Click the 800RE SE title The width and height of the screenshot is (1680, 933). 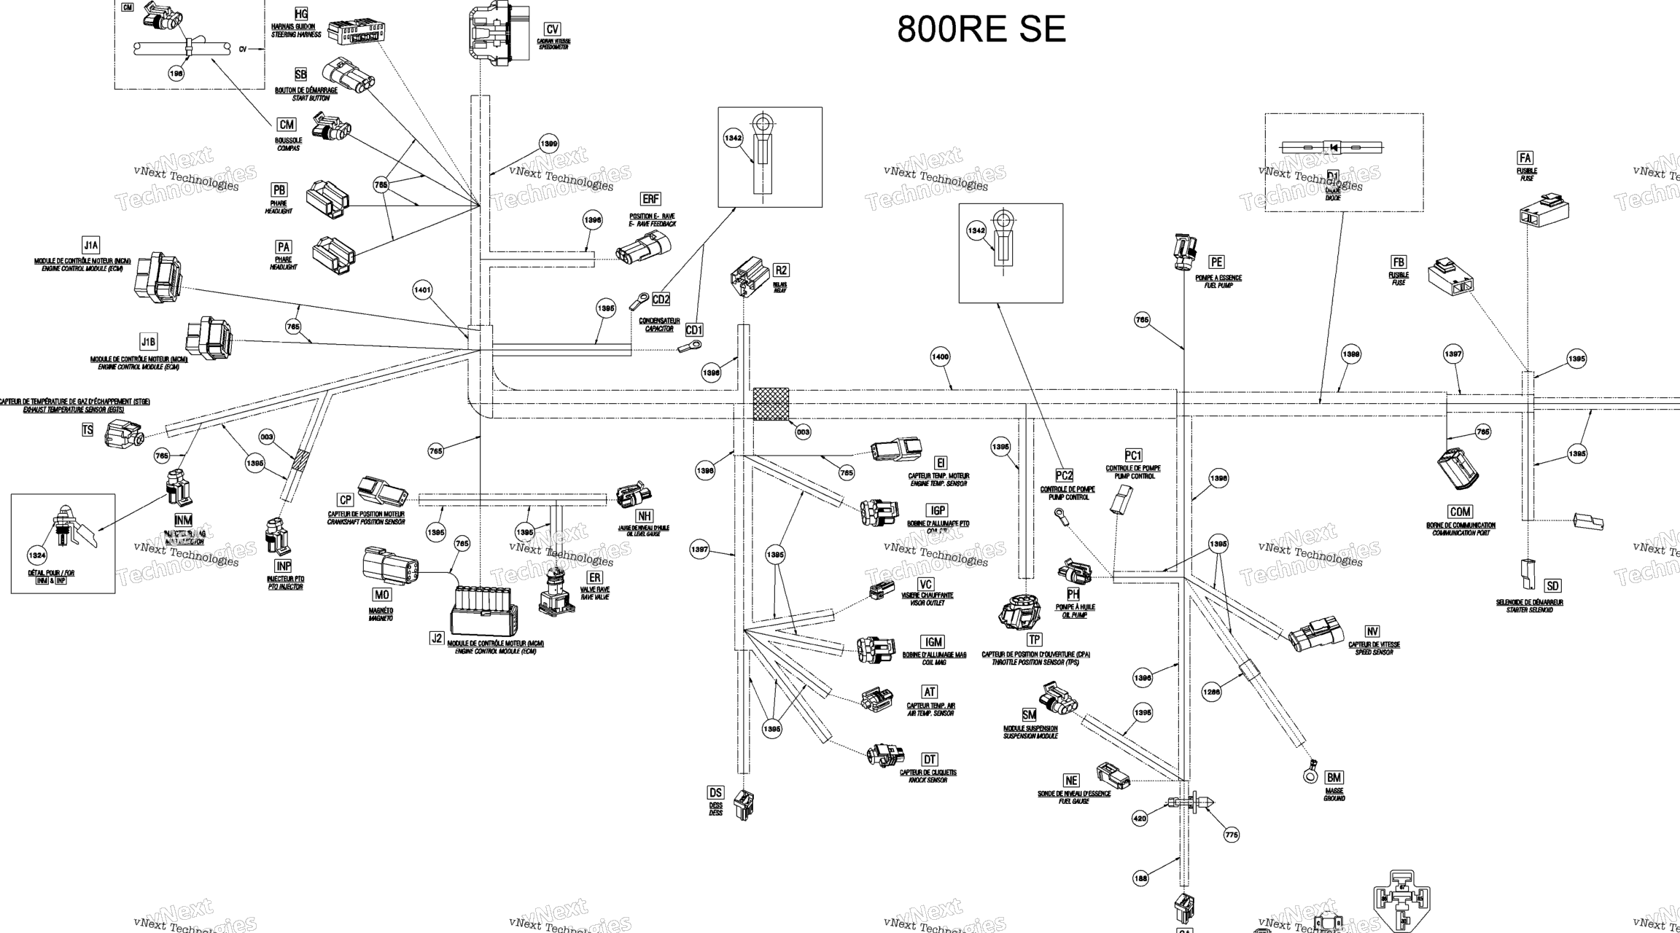981,30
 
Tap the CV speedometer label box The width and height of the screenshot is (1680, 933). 553,29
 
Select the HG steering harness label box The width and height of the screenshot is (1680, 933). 301,15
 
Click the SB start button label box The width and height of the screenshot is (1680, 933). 301,74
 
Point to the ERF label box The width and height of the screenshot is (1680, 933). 650,199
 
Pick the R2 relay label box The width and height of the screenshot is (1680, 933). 781,270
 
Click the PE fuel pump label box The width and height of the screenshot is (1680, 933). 1216,262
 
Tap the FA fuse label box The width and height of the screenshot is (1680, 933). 1525,158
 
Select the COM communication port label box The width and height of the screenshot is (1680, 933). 1460,512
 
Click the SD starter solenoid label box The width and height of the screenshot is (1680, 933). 1552,586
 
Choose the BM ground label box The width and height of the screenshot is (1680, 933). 1334,778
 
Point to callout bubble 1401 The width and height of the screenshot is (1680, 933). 422,290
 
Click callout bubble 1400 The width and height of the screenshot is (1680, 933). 940,356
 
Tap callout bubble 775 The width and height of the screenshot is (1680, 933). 1232,835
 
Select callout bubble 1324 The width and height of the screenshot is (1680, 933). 36,555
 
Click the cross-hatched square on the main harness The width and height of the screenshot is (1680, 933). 771,404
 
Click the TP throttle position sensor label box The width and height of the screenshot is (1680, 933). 1034,640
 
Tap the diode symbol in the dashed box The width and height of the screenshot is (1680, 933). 1333,148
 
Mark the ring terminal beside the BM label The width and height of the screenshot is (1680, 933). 1310,773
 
